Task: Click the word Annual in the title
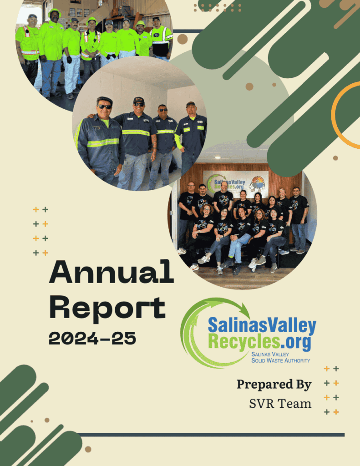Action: point(111,274)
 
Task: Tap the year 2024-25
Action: point(92,338)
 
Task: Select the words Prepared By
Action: point(274,385)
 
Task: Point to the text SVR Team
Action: point(280,403)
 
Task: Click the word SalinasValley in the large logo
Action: point(262,326)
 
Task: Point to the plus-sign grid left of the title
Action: point(41,231)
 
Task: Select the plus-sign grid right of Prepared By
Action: point(331,390)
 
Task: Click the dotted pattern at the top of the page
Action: point(217,7)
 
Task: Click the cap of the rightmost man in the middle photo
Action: point(191,104)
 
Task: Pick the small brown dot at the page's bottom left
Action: point(88,449)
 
